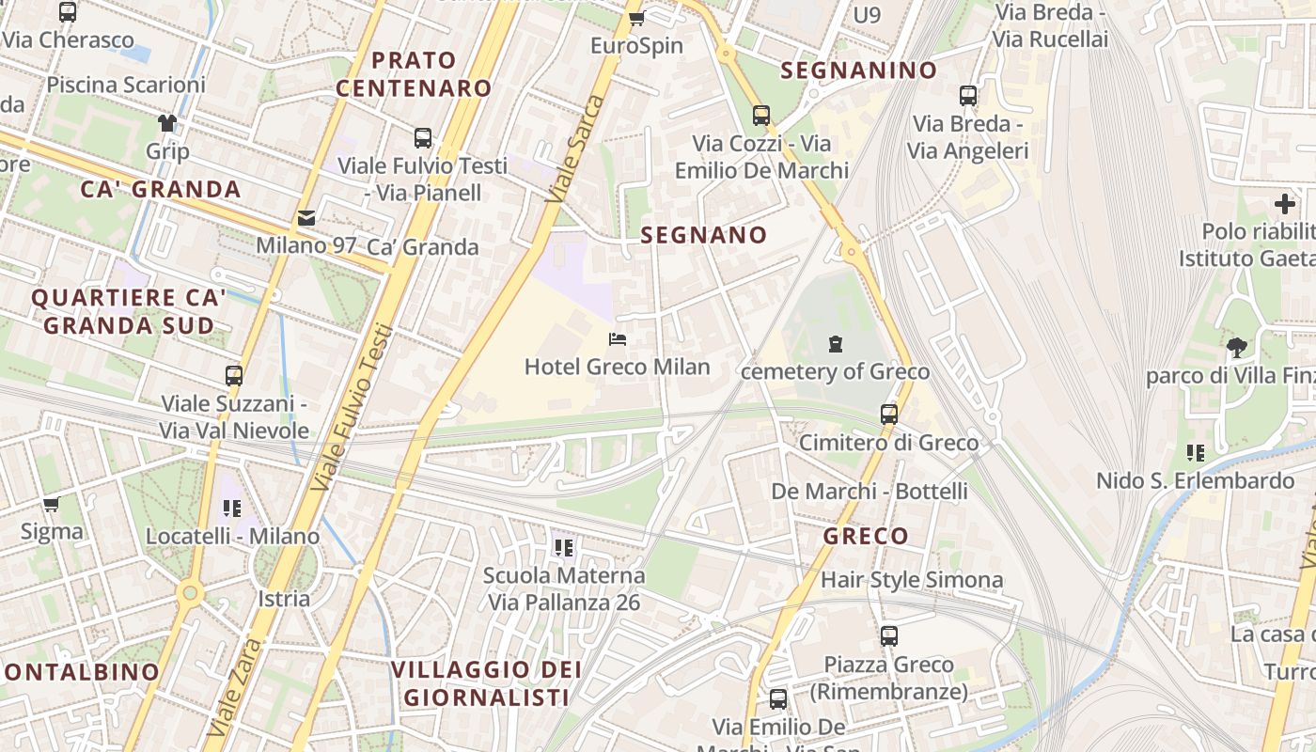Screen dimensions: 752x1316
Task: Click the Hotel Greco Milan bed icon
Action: tap(618, 338)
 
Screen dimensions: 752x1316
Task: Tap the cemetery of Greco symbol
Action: tap(836, 344)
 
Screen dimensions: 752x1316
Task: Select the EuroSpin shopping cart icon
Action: tap(636, 18)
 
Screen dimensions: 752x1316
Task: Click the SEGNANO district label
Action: tap(704, 235)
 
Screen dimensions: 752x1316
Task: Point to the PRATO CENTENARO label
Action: tap(415, 74)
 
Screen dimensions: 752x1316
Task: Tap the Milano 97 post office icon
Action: tap(306, 218)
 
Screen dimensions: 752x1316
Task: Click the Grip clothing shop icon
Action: tap(167, 123)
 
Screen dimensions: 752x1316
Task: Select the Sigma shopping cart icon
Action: tap(52, 505)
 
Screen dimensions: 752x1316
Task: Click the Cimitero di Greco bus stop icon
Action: tap(888, 414)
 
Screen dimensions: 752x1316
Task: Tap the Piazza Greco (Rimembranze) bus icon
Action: tap(889, 636)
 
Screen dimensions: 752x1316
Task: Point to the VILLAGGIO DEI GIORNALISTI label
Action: tap(487, 683)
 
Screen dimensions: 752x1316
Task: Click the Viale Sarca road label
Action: tap(575, 148)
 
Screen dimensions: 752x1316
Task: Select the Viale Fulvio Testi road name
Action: tap(352, 406)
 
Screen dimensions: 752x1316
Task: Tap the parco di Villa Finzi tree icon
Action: tap(1237, 348)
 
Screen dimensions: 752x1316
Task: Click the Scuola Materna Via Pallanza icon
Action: tap(564, 547)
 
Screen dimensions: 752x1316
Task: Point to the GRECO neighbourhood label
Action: tap(866, 537)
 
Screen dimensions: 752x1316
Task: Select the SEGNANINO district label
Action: tap(859, 70)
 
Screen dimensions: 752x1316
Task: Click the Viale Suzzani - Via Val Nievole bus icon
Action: tap(234, 376)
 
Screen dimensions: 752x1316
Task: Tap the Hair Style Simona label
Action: tap(912, 579)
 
